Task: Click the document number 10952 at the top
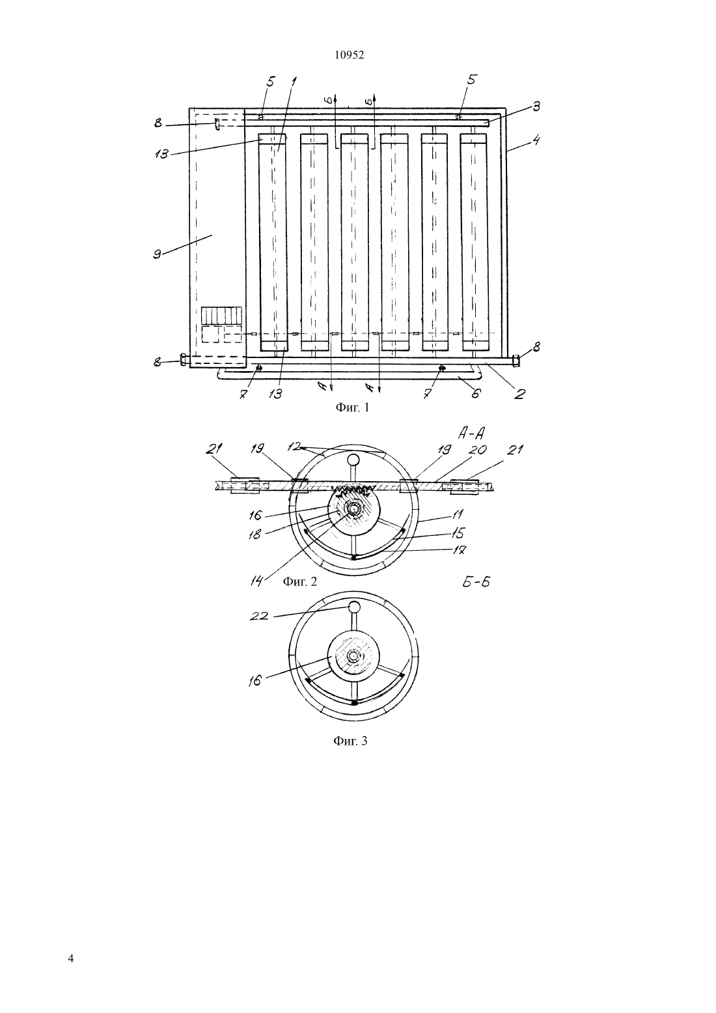click(349, 55)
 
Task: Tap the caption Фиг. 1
click(352, 408)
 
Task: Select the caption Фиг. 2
click(299, 581)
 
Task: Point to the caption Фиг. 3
click(350, 741)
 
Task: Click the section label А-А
click(471, 434)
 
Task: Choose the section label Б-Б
click(476, 581)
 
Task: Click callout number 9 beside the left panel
click(158, 254)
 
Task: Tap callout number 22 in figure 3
click(259, 616)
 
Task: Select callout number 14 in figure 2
click(256, 581)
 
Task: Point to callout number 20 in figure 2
click(479, 450)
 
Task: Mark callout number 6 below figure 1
click(476, 393)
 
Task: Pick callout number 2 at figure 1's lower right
click(520, 394)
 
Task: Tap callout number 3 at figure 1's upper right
click(536, 106)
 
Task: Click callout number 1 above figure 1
click(294, 82)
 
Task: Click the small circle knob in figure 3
click(354, 607)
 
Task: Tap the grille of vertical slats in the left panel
click(221, 315)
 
